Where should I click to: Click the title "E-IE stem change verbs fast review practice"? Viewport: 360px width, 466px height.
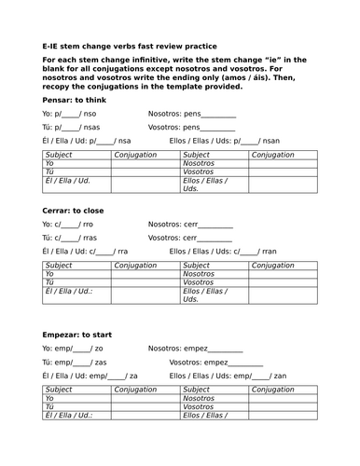click(x=130, y=45)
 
